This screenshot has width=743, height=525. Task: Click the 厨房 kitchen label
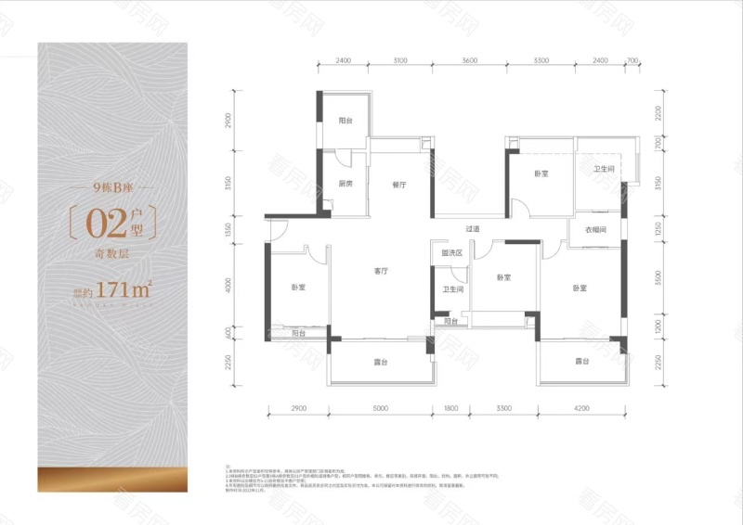tap(345, 184)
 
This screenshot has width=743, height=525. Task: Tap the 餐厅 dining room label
tap(399, 184)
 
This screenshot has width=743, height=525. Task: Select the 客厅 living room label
tap(381, 271)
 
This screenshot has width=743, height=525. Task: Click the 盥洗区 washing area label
tap(451, 252)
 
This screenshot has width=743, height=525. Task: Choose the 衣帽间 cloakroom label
tap(595, 230)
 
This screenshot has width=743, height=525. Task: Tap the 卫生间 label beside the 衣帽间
tap(605, 169)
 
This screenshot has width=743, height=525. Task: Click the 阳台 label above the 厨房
tap(345, 121)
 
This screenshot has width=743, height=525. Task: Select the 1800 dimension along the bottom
tap(452, 408)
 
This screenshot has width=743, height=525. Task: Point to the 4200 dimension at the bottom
tap(582, 408)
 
